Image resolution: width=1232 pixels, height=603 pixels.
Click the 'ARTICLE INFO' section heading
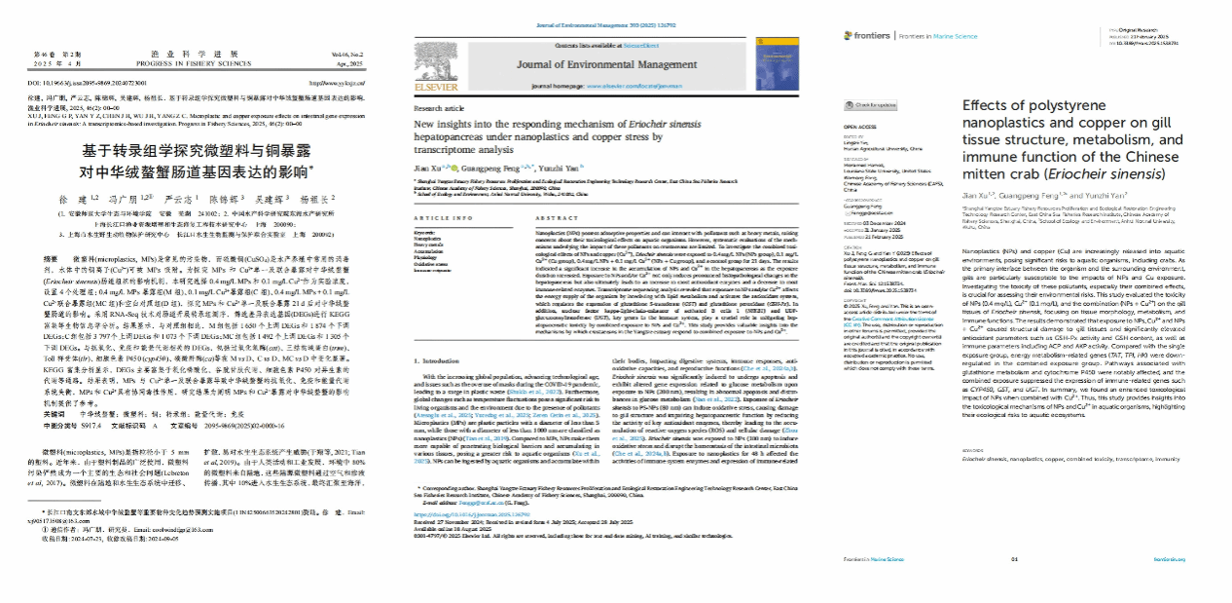[x=445, y=217]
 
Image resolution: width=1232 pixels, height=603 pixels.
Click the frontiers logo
[x=867, y=36]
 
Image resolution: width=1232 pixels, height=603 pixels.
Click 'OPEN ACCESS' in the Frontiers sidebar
[x=860, y=127]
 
